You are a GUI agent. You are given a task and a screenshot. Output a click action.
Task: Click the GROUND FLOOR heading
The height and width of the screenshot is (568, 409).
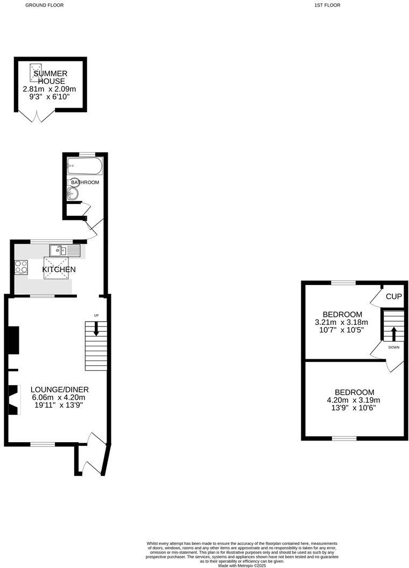coord(45,5)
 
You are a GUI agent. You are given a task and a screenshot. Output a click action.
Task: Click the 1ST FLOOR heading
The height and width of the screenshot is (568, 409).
coord(327,5)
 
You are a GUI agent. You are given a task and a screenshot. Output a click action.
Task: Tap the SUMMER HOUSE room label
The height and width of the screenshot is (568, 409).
coord(50,77)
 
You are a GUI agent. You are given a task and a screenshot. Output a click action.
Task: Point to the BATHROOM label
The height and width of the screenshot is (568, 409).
coord(85,182)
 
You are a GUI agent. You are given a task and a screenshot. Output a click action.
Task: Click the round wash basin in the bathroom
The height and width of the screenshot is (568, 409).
coord(74,194)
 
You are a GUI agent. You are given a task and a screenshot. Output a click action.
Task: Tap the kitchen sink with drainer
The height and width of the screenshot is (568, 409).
coord(65,250)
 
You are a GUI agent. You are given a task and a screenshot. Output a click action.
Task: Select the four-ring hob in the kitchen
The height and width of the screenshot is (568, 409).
coord(21,266)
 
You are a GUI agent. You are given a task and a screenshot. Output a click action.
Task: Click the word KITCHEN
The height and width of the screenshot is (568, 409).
coord(59,269)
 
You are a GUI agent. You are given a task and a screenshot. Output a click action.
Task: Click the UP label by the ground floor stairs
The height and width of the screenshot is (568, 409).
coord(96,315)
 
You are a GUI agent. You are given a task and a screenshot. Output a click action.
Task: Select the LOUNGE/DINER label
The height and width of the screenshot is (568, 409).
coord(59,389)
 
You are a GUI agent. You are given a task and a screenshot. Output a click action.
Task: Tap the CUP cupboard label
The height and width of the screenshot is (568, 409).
coord(394,296)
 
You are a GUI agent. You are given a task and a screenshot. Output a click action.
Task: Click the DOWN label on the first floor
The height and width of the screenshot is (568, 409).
coord(394,347)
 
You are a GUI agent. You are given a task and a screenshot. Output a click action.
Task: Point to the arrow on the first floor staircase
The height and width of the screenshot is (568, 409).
coord(393,333)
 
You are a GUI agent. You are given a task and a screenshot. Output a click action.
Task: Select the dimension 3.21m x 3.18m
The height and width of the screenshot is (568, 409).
coord(342,322)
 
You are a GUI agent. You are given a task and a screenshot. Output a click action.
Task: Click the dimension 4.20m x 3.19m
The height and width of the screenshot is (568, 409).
coord(354,400)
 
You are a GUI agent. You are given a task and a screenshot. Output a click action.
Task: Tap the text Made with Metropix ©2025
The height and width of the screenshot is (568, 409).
coord(242,565)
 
